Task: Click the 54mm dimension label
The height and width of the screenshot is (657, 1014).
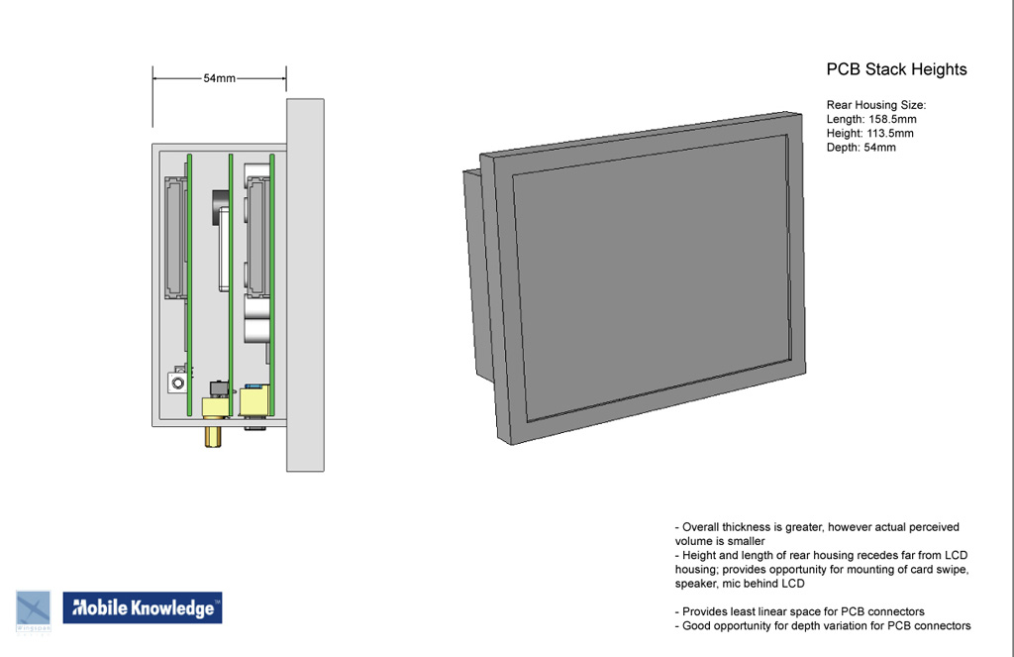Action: (219, 78)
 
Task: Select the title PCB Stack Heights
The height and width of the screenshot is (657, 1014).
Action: (896, 69)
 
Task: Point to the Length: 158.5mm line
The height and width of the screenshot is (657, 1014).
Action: (871, 119)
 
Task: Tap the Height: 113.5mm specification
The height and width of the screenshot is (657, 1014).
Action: (869, 134)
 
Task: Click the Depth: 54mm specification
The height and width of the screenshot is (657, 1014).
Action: (861, 148)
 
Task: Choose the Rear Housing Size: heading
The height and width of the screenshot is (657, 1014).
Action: (876, 105)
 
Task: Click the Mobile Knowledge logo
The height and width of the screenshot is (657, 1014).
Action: (143, 607)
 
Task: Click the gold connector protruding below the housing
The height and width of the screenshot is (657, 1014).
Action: (213, 436)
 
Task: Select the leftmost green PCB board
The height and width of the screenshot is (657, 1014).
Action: (189, 284)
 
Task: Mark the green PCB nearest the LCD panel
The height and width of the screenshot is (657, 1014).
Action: (272, 284)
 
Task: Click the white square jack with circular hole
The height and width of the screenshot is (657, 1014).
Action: (178, 382)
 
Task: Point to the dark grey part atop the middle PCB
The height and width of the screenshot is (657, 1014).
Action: (220, 206)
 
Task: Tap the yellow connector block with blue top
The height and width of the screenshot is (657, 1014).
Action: (254, 400)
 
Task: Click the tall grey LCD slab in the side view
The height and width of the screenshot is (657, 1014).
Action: (305, 284)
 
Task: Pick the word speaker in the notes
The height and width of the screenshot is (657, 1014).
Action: (695, 584)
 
